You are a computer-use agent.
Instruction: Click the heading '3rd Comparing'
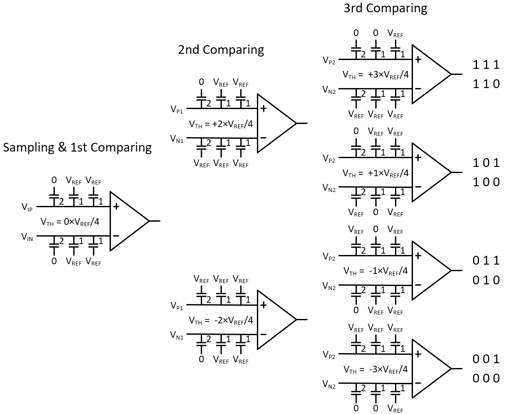pos(385,8)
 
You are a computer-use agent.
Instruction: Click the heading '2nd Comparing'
pos(221,50)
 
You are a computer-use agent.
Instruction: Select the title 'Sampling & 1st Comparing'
pos(77,147)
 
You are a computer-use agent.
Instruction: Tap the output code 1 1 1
pos(486,65)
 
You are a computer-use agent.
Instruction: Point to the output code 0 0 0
pos(486,378)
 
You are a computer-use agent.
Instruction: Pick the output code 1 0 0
pos(486,182)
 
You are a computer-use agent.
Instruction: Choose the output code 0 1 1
pos(486,261)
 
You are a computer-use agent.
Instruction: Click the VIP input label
pos(27,207)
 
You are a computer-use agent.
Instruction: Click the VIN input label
pos(27,237)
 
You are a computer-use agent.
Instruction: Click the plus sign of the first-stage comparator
pos(116,206)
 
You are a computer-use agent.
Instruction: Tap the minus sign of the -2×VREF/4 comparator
pos(263,334)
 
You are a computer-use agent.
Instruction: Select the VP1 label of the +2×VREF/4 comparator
pos(177,109)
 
